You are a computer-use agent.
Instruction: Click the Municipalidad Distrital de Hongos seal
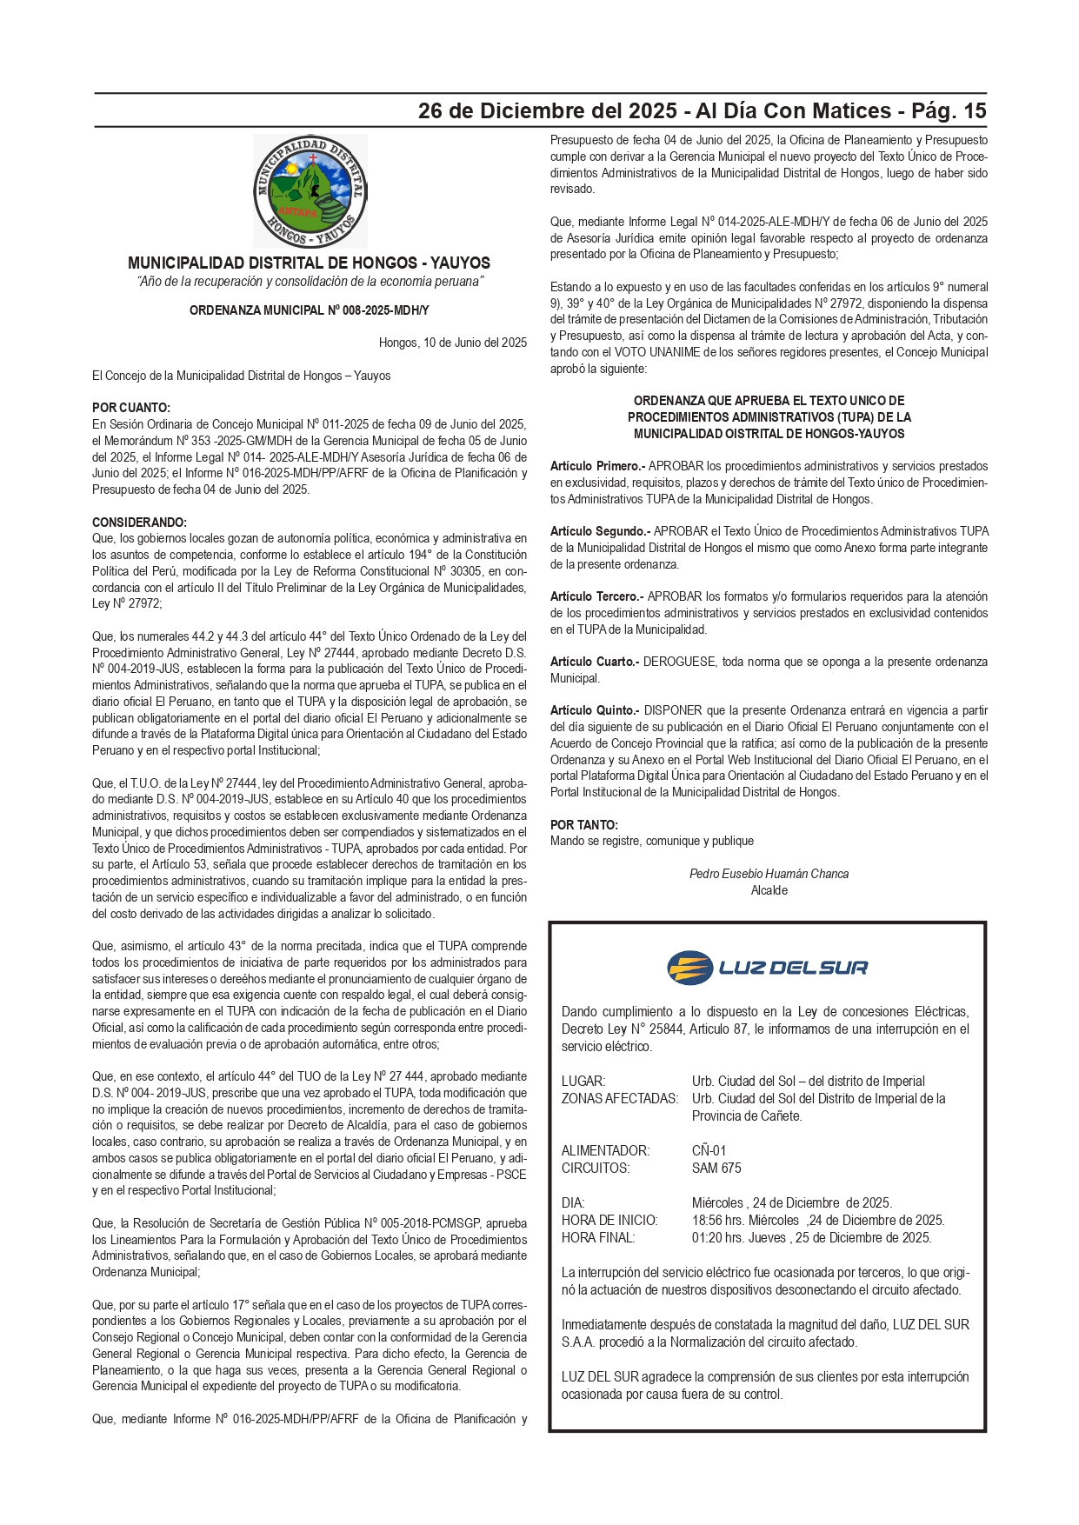point(310,190)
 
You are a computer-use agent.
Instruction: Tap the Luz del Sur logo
point(768,967)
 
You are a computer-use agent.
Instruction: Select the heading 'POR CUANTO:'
point(131,408)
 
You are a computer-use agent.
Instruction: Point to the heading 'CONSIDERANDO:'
point(139,523)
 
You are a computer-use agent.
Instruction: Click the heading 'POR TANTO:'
point(584,824)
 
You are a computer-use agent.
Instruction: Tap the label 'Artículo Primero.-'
point(597,466)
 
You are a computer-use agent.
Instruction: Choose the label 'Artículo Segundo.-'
point(600,531)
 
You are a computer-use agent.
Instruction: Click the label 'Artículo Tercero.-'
point(596,596)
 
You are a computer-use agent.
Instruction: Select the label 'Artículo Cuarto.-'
point(595,662)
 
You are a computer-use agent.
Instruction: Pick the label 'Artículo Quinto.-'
point(595,710)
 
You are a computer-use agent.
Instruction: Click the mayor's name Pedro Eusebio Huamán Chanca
point(769,874)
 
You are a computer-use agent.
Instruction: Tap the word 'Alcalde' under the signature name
point(769,890)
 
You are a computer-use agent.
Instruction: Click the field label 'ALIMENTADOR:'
point(605,1150)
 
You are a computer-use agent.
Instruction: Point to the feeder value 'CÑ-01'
point(709,1150)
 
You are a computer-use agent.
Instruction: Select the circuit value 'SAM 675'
point(716,1168)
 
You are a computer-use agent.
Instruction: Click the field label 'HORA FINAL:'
point(598,1237)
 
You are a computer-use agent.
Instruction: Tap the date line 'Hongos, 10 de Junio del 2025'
point(452,343)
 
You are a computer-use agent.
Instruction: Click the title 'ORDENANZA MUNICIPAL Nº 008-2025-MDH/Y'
point(310,310)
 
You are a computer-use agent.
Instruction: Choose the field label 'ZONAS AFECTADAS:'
point(619,1098)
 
